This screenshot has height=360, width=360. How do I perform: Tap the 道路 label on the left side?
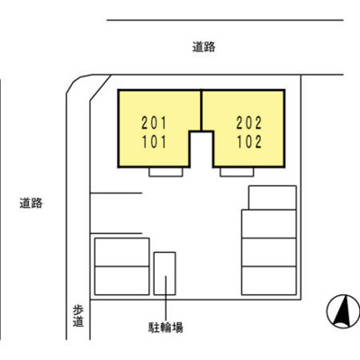tap(30, 203)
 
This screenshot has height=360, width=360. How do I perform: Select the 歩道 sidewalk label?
tap(77, 316)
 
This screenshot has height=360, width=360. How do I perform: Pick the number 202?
tap(249, 121)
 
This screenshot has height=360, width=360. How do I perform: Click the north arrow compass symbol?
tap(340, 311)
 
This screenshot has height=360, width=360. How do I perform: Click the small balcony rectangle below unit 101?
tap(168, 171)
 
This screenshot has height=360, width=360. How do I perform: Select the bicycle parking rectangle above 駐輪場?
tap(165, 274)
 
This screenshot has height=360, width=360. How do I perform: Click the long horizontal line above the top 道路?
tap(225, 19)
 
